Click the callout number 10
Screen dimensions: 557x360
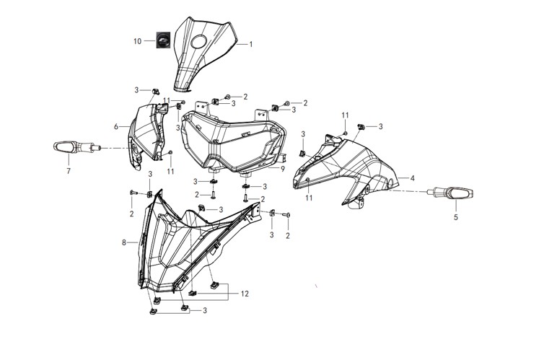[138, 41]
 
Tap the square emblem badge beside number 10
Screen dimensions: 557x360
[163, 40]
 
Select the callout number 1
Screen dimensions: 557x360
[251, 45]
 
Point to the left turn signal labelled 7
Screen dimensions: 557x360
[76, 147]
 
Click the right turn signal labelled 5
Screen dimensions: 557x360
[450, 193]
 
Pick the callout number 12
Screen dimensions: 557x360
[245, 294]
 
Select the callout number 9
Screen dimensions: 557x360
[283, 169]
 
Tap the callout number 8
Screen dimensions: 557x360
[124, 243]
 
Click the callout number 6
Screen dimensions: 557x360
[116, 126]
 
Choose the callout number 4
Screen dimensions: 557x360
[413, 178]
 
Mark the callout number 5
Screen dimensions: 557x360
[456, 217]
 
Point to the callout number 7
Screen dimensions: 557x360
[69, 171]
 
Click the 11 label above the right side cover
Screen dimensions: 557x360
[346, 115]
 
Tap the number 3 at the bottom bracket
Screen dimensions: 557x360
[205, 311]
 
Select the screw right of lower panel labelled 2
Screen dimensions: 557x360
[286, 214]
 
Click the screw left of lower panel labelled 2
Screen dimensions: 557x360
[133, 193]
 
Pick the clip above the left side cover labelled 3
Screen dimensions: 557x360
[155, 91]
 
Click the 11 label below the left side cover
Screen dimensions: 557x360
[170, 172]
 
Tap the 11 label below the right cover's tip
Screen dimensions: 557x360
[309, 198]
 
